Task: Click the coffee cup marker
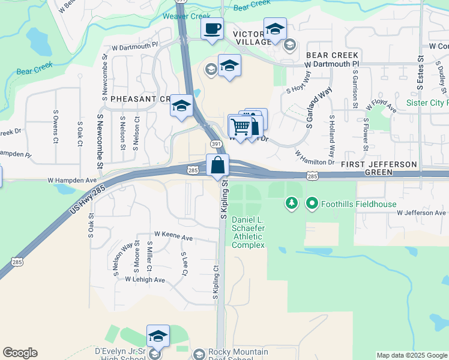(x=212, y=29)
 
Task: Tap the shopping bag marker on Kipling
(x=217, y=165)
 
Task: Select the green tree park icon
(x=292, y=204)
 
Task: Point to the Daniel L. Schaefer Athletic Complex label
(x=248, y=233)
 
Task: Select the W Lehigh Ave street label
(x=145, y=280)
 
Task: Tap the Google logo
(x=20, y=353)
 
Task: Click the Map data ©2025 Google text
(x=412, y=355)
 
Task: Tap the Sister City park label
(x=427, y=103)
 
